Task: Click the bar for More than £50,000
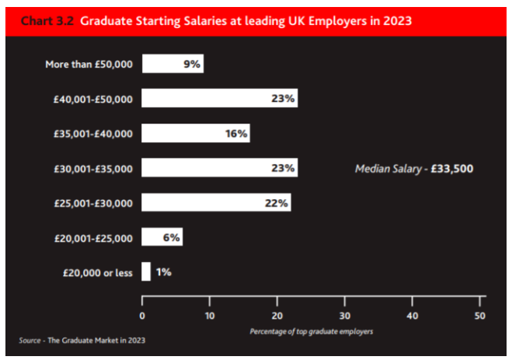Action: [x=172, y=64]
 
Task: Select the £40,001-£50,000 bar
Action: [x=219, y=99]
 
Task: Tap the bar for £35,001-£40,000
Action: [x=195, y=134]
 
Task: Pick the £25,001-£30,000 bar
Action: [x=216, y=203]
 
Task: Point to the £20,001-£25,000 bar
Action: [x=162, y=238]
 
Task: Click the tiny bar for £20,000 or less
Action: [x=145, y=272]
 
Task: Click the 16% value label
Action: [x=236, y=134]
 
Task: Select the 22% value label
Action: [x=277, y=203]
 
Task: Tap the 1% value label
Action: [x=163, y=272]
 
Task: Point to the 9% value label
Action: [x=192, y=64]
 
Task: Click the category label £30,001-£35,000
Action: [x=93, y=169]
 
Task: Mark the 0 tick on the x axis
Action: [x=142, y=316]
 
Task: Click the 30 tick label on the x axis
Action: [x=344, y=316]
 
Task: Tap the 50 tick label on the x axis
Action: [x=479, y=316]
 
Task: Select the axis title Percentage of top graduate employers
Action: [x=311, y=331]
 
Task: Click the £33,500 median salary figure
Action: [x=451, y=168]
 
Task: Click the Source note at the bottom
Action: [x=82, y=341]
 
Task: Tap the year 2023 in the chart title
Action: [x=395, y=21]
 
